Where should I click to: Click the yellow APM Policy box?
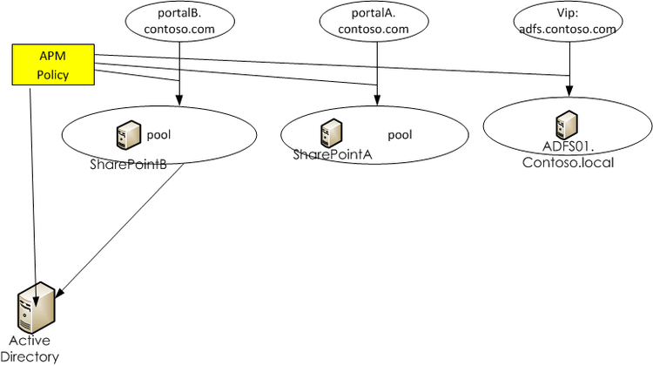[52, 64]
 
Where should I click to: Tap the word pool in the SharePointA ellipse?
[400, 135]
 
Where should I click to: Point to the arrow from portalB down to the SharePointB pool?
[178, 74]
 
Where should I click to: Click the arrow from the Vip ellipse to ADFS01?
[569, 65]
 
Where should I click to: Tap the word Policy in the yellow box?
[52, 75]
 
